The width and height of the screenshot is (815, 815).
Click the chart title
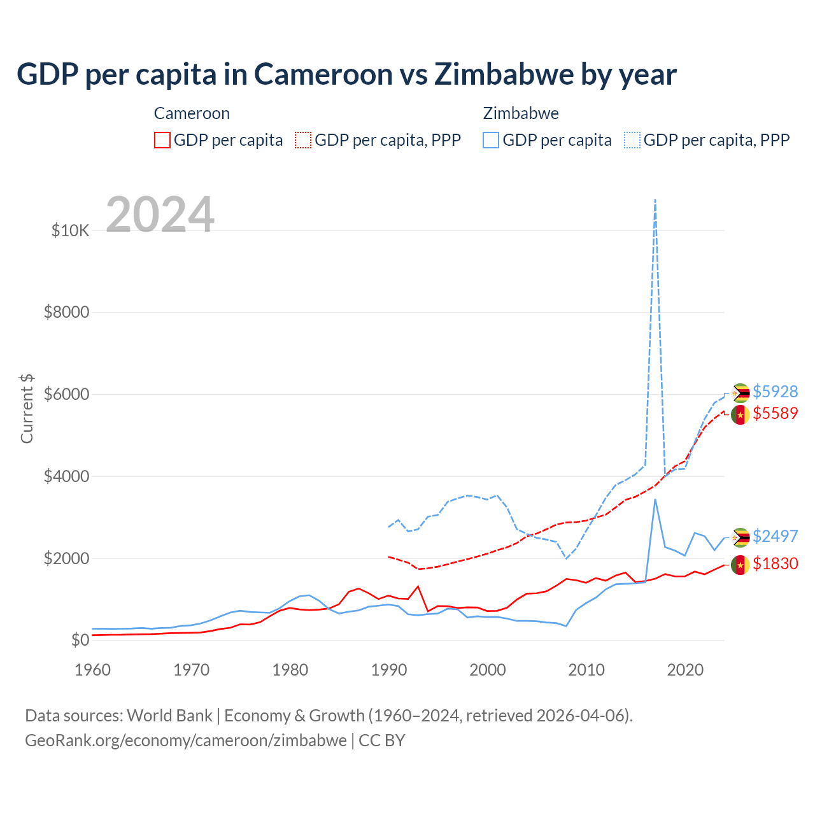point(346,74)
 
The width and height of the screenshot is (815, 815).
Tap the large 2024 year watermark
point(160,215)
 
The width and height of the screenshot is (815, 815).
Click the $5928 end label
point(775,391)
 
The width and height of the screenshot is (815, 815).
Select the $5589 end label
point(775,413)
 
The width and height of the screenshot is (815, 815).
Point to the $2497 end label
point(775,536)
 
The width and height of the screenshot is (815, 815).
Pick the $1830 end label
point(775,563)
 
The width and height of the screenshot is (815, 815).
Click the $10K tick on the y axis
point(71,230)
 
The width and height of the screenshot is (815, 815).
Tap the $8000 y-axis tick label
point(67,312)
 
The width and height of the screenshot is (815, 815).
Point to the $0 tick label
point(80,640)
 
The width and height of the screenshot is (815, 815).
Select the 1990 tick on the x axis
point(389,670)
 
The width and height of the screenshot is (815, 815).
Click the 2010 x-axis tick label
point(586,670)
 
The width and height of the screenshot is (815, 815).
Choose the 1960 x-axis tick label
point(93,670)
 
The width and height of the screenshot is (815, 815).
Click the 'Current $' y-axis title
point(27,409)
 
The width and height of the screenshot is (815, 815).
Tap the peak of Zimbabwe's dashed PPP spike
point(655,200)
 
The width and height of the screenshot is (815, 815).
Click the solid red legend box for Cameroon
point(162,140)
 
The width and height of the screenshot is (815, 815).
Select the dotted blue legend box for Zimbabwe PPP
point(632,140)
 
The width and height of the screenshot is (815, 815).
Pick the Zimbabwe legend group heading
point(521,113)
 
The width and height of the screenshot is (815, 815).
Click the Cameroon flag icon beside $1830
point(740,565)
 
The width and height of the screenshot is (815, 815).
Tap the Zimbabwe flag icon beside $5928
point(740,393)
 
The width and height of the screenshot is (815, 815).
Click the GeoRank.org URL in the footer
point(186,741)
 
